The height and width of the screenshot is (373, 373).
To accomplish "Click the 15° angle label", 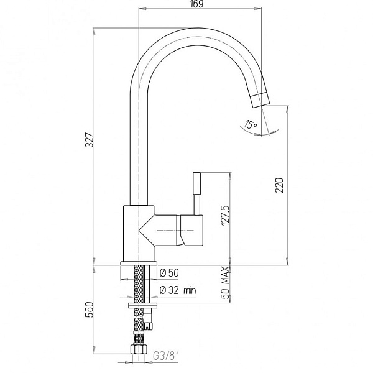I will tap(250, 126).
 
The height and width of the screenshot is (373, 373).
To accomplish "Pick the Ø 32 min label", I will tap(177, 290).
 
